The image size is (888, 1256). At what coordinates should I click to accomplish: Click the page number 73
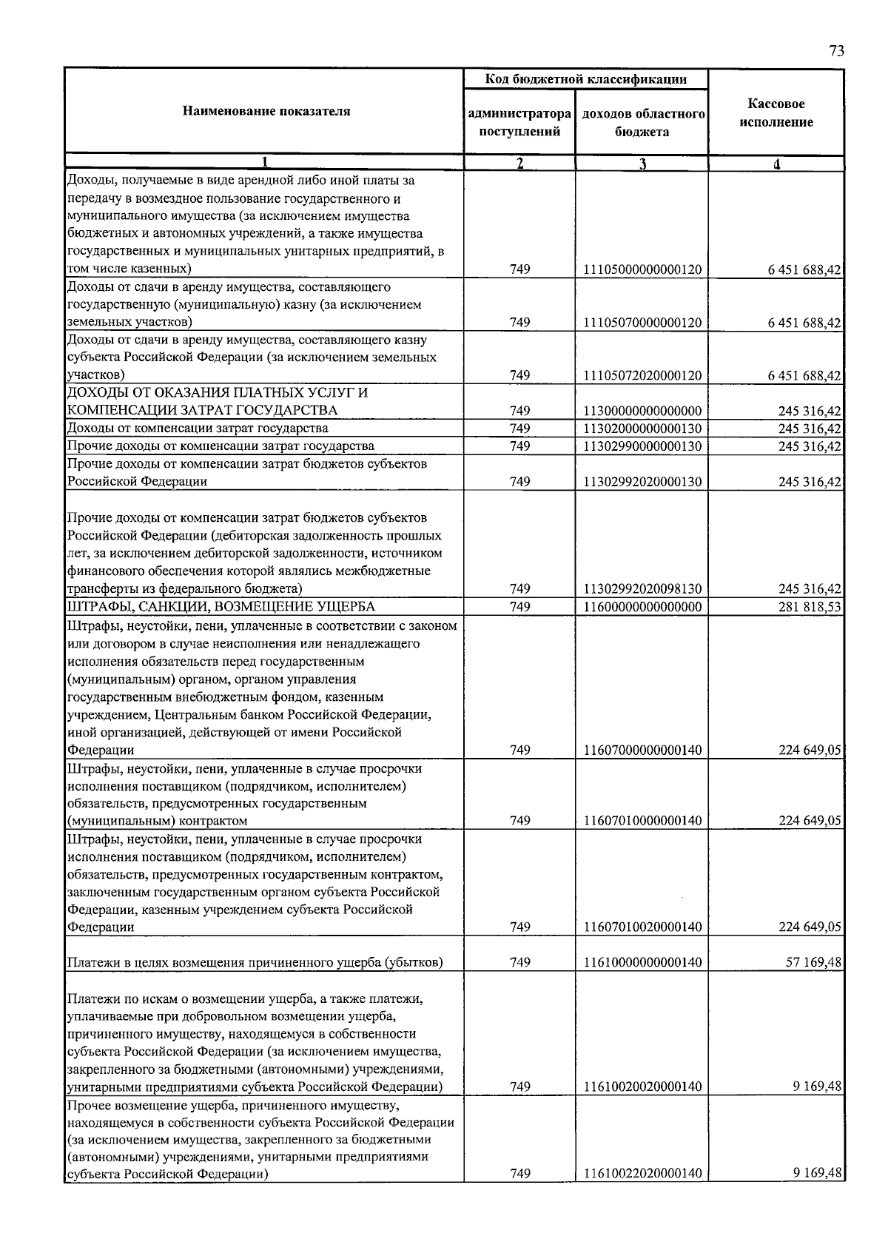click(x=836, y=51)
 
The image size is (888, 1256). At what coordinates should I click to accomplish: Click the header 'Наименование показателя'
click(x=266, y=112)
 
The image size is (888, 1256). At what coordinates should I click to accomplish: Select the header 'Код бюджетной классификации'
click(x=585, y=79)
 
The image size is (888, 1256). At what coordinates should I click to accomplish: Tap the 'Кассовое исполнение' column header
click(x=776, y=113)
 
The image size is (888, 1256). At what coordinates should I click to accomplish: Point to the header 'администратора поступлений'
click(x=519, y=123)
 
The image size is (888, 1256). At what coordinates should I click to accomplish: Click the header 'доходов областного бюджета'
click(x=642, y=123)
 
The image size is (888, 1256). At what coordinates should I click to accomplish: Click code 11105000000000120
click(x=642, y=270)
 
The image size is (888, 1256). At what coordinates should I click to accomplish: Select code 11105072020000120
click(x=642, y=376)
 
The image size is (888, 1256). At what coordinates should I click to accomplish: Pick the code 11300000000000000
click(x=642, y=411)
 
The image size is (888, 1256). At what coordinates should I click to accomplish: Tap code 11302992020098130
click(x=642, y=589)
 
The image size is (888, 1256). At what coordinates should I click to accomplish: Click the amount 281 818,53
click(x=810, y=607)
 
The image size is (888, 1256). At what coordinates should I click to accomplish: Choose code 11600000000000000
click(x=642, y=607)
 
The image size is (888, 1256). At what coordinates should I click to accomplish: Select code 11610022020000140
click(x=642, y=1174)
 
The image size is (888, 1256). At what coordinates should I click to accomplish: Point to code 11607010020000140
click(x=642, y=927)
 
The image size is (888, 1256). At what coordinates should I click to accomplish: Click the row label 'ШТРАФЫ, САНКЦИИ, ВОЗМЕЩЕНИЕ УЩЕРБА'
click(x=221, y=607)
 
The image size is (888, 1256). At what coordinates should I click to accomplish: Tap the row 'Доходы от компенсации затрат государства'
click(x=198, y=429)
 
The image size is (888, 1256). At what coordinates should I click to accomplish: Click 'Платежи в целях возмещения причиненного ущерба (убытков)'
click(x=255, y=963)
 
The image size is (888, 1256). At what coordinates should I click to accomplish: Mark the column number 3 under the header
click(x=643, y=164)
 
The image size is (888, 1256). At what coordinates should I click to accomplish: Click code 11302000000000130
click(x=642, y=429)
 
